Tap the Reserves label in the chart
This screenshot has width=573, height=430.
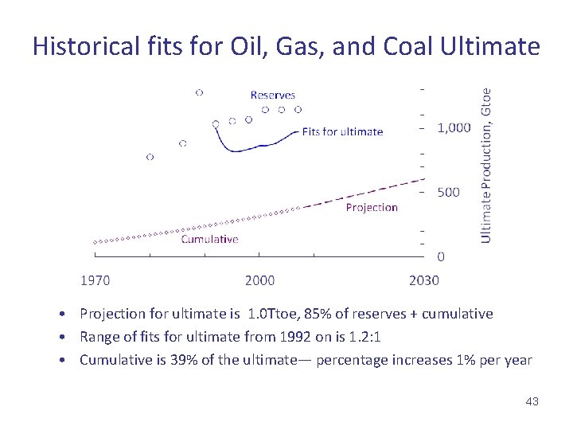(x=272, y=95)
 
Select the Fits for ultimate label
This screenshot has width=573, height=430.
(x=342, y=131)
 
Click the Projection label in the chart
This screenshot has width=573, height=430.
(x=371, y=207)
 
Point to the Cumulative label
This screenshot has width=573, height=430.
(x=209, y=239)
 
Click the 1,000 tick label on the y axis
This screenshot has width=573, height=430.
(x=454, y=128)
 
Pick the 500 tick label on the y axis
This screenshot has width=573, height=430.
(x=449, y=193)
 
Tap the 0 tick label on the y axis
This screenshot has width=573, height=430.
(x=441, y=256)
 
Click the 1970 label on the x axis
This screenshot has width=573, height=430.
(x=95, y=280)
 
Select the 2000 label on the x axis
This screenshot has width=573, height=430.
(x=259, y=280)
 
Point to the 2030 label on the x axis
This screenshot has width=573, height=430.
(x=423, y=280)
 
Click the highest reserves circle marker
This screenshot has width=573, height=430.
(x=199, y=92)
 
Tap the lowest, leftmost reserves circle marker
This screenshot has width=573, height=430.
(x=150, y=157)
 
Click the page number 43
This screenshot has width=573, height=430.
(x=532, y=401)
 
